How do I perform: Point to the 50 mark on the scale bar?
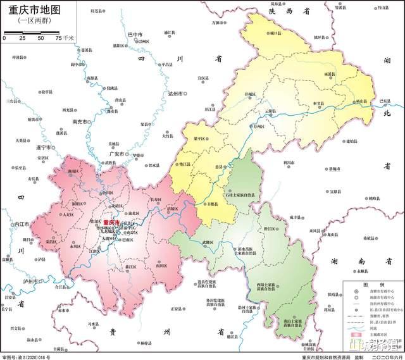click(x=40, y=39)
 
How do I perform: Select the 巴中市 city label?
click(x=135, y=34)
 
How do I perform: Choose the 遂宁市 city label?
click(x=42, y=147)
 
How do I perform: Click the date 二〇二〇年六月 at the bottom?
click(x=380, y=356)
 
